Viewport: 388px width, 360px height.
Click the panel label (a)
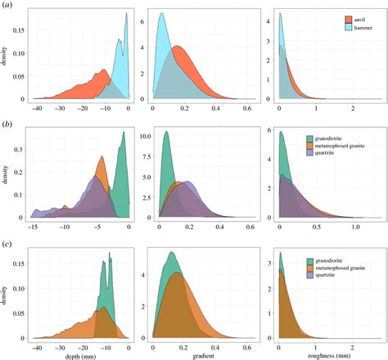coord(8,6)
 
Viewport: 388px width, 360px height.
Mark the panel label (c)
coord(8,242)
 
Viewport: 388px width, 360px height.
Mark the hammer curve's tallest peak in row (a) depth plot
coord(126,13)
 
